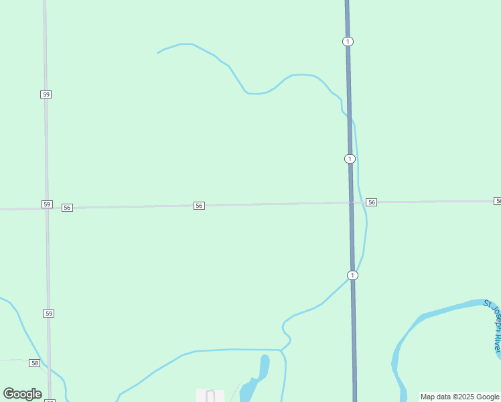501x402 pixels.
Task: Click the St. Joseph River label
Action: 494,326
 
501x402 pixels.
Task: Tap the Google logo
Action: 22,394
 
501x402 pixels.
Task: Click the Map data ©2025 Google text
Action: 460,397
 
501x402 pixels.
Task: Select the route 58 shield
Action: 35,362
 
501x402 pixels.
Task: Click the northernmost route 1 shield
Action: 347,42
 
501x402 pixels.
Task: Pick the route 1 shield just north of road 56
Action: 350,159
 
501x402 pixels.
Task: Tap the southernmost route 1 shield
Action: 352,275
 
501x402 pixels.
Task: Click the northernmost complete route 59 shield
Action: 46,94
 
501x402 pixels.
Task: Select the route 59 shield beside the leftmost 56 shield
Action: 46,204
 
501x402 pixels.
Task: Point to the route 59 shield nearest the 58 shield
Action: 48,314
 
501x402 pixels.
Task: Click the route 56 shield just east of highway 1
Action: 372,202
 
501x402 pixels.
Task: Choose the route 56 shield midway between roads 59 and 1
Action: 199,206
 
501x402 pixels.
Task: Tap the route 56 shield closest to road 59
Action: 67,208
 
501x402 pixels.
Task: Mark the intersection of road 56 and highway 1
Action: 350,202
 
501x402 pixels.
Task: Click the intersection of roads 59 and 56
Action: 47,208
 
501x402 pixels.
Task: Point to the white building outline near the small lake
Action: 210,395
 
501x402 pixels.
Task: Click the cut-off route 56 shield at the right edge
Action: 498,201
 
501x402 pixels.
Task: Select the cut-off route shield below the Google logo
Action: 50,400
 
